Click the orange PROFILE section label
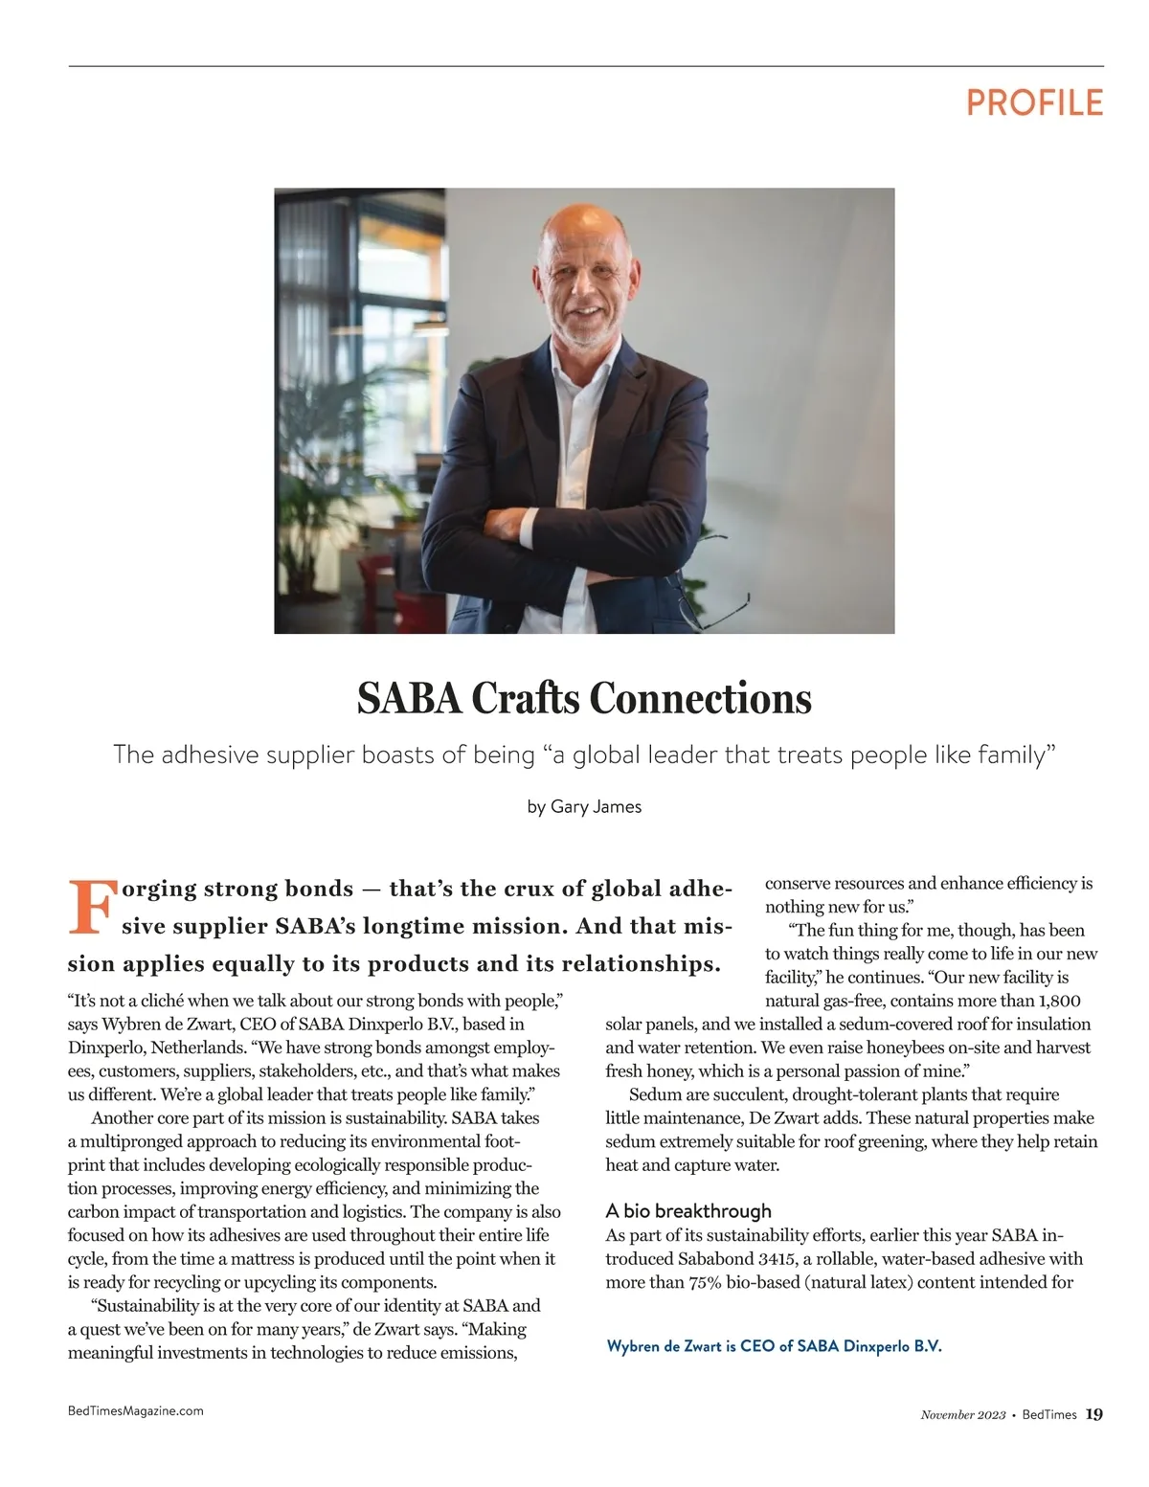tap(1034, 102)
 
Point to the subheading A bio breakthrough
tap(688, 1210)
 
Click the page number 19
tap(1094, 1414)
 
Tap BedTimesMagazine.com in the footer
tap(135, 1410)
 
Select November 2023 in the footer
tap(962, 1414)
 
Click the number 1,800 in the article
tap(1059, 1001)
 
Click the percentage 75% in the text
tap(707, 1282)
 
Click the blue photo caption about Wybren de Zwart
tap(774, 1345)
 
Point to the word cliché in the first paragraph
tap(158, 1001)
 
